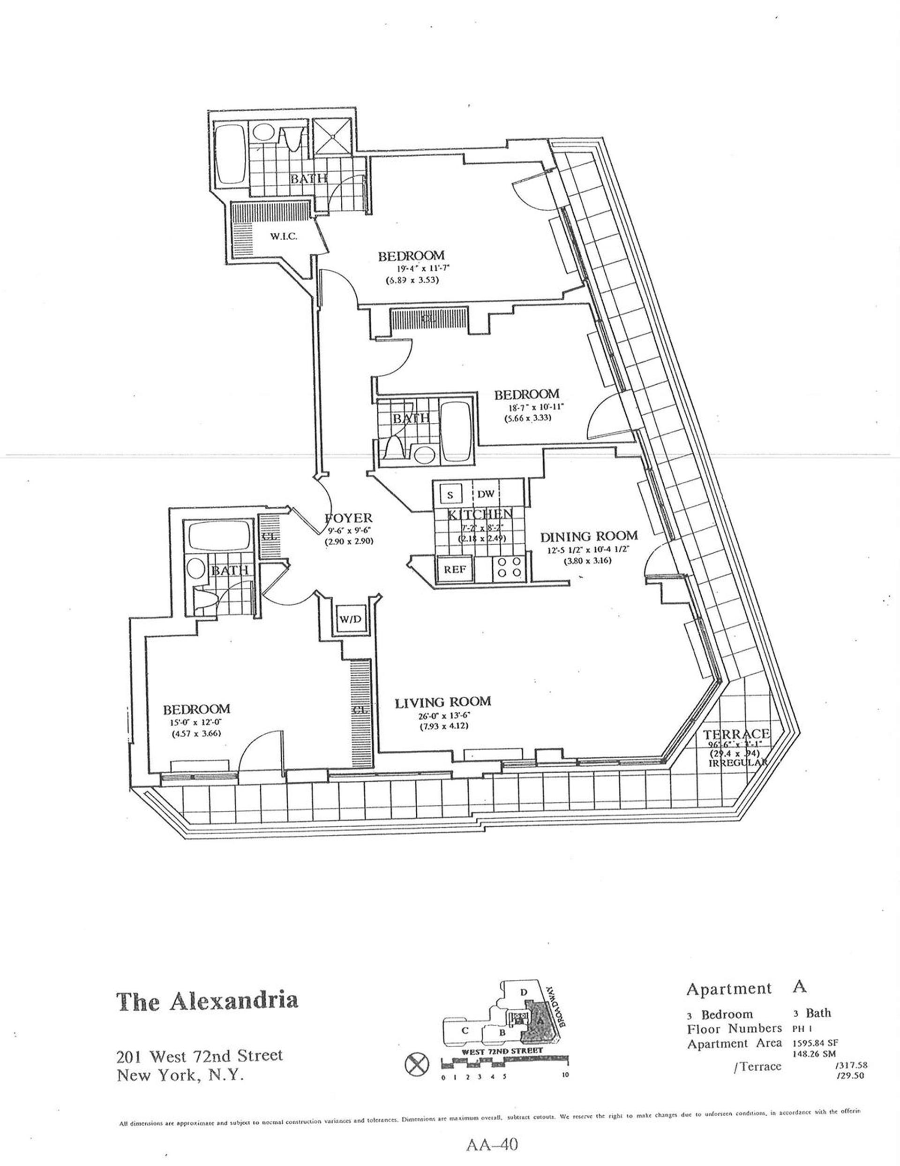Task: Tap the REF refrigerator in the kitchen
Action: pyautogui.click(x=455, y=569)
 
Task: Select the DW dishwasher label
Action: pyautogui.click(x=486, y=495)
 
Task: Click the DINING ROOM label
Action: pyautogui.click(x=588, y=535)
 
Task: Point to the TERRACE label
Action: pyautogui.click(x=735, y=734)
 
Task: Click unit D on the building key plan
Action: pyautogui.click(x=524, y=992)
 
